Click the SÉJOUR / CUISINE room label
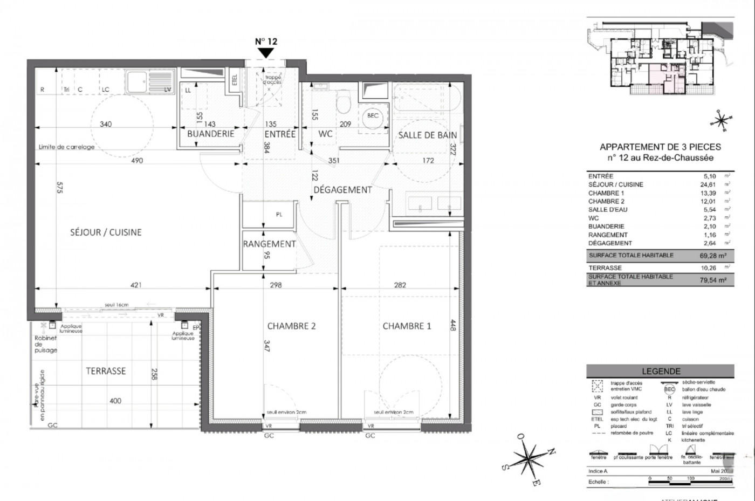click(x=106, y=232)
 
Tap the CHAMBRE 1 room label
click(x=407, y=326)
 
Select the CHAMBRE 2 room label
click(x=291, y=326)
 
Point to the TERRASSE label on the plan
click(x=106, y=371)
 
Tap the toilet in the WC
click(x=343, y=102)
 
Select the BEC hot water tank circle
click(x=373, y=116)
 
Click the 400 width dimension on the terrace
click(x=115, y=401)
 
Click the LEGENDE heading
click(x=661, y=371)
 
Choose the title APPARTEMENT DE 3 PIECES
click(x=660, y=147)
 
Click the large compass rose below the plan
click(x=527, y=459)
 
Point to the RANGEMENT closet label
click(x=269, y=244)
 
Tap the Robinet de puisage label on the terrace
click(x=46, y=344)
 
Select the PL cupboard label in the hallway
click(x=279, y=215)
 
